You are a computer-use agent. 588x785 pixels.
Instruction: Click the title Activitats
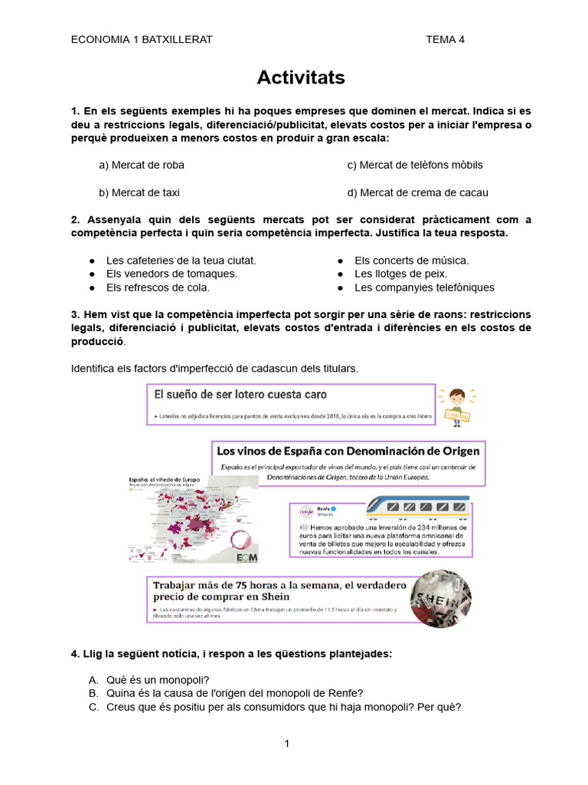click(301, 77)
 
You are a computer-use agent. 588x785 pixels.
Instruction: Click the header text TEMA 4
click(445, 40)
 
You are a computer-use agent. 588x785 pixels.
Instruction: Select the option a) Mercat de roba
click(142, 165)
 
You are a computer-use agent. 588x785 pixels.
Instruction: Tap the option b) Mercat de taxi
click(139, 192)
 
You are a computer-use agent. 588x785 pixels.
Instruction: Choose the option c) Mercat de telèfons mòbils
click(415, 165)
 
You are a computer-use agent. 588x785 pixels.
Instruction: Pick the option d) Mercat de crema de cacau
click(417, 192)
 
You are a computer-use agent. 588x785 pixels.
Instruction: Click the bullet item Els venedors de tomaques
click(171, 274)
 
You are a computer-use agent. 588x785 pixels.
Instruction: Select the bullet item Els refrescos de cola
click(158, 287)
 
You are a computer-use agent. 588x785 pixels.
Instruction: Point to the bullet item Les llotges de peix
click(400, 274)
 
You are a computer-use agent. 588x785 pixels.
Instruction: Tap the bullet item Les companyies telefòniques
click(424, 287)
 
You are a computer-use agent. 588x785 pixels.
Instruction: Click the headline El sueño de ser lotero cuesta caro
click(240, 395)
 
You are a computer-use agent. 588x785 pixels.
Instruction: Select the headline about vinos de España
click(348, 451)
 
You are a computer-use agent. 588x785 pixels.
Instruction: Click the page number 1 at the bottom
click(286, 744)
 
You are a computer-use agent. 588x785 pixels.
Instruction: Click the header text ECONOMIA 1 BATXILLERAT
click(142, 40)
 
